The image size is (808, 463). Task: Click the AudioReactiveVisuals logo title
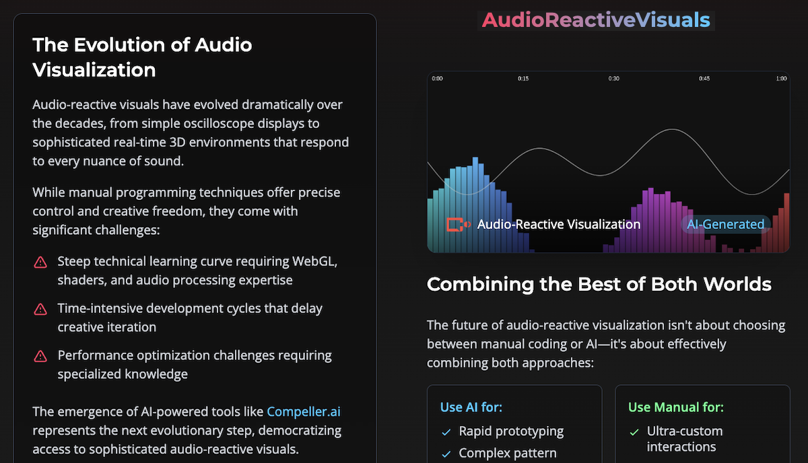[x=596, y=20]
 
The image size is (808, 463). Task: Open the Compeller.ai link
[x=304, y=412]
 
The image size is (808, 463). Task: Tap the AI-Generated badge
[x=725, y=224]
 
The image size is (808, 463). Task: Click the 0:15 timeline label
[x=523, y=79]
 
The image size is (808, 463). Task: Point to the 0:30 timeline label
[x=613, y=79]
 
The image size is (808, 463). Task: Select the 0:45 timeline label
[x=704, y=79]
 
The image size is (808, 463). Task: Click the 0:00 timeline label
[x=437, y=79]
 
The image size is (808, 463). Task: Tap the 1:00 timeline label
[x=781, y=79]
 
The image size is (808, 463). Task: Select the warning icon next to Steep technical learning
[x=40, y=262]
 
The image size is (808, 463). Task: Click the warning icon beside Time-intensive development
[x=40, y=309]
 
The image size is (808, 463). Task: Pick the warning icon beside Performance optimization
[x=40, y=356]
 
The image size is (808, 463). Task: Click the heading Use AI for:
[x=471, y=407]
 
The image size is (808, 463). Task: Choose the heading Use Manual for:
[x=676, y=407]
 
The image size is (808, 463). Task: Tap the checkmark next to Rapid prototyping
[x=446, y=432]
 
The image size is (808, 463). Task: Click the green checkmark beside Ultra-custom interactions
[x=634, y=432]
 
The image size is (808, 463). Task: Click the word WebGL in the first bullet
[x=314, y=261]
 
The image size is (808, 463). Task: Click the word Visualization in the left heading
[x=94, y=70]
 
